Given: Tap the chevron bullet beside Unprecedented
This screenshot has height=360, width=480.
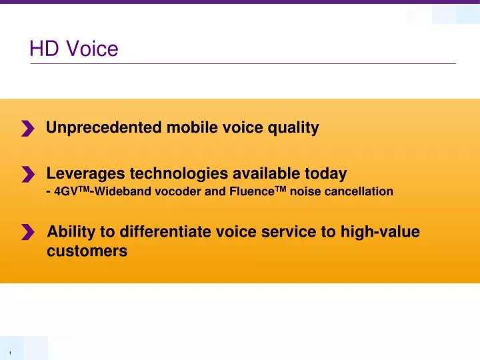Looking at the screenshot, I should pyautogui.click(x=27, y=129).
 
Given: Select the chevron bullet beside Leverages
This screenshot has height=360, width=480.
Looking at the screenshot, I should pyautogui.click(x=27, y=175).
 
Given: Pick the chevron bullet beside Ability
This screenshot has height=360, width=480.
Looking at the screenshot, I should pyautogui.click(x=27, y=232).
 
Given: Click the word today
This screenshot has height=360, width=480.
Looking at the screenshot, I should pyautogui.click(x=324, y=174).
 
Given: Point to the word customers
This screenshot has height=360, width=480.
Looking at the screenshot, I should pyautogui.click(x=87, y=251).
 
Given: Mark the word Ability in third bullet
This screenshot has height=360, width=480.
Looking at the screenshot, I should pyautogui.click(x=70, y=232).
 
